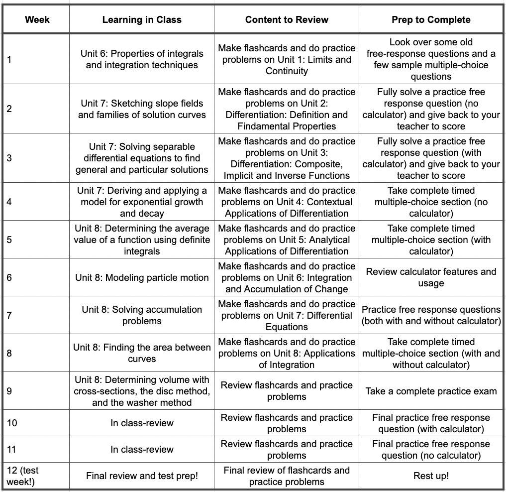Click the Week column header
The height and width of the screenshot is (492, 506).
[x=37, y=20]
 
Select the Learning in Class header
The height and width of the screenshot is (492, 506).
[x=142, y=20]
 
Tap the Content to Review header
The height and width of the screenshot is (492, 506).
[x=287, y=20]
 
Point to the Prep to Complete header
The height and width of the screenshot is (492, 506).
[x=431, y=20]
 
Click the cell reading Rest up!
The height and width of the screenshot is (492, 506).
[x=431, y=476]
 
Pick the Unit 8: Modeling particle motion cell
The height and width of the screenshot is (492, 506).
[x=142, y=277]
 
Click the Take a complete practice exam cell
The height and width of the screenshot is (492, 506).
[x=431, y=391]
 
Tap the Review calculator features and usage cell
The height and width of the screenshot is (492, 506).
[x=431, y=277]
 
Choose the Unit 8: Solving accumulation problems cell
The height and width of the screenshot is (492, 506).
[x=142, y=315]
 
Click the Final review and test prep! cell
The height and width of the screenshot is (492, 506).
[x=142, y=476]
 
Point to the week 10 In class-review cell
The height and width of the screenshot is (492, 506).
[x=142, y=423]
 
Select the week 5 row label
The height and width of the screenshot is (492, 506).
[x=10, y=240]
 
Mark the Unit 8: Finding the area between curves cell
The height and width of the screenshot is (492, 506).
[x=142, y=353]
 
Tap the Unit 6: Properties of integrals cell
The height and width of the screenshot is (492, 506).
[x=142, y=59]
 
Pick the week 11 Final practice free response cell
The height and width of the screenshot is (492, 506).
[x=431, y=450]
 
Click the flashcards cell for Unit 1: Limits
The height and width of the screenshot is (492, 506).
[x=287, y=59]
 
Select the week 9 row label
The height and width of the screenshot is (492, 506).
[x=10, y=391]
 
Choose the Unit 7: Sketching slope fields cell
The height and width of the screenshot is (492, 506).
[x=142, y=109]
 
